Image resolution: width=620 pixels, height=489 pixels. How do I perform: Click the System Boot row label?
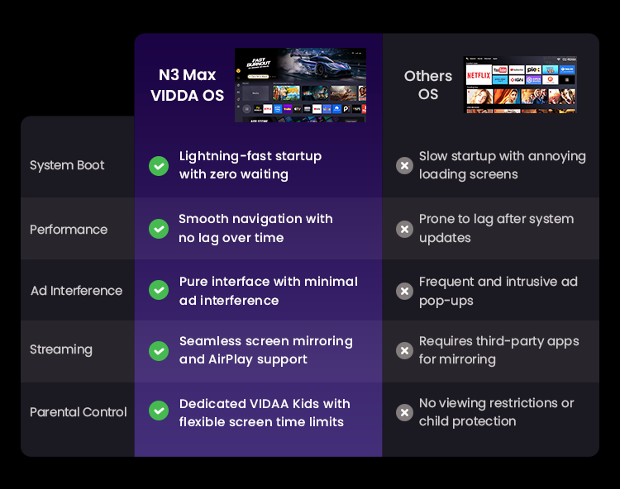(67, 165)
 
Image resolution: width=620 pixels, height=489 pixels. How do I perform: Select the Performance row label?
(69, 230)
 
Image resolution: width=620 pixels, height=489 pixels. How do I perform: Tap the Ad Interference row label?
(76, 291)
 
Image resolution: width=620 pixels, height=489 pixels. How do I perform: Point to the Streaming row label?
(61, 349)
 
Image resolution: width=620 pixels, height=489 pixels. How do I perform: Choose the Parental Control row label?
(79, 412)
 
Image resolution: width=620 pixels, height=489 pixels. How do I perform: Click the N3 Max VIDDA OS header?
(187, 85)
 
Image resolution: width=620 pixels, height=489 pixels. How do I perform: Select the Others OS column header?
(428, 85)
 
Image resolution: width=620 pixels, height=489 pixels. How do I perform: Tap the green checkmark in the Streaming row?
(159, 351)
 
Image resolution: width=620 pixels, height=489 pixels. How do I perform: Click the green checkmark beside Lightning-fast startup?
(159, 166)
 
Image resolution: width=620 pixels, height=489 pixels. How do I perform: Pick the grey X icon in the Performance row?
(404, 229)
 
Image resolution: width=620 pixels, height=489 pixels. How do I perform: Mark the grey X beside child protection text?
(404, 413)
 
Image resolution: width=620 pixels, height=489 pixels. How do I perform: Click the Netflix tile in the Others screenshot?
(479, 75)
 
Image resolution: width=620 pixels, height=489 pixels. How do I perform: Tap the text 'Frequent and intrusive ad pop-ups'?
(498, 291)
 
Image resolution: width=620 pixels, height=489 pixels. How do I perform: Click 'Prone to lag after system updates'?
(496, 228)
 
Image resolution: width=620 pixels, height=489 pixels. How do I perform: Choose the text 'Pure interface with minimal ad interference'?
(269, 291)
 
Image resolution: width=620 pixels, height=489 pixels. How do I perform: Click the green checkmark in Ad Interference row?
(159, 290)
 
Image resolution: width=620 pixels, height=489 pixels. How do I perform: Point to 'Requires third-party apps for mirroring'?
(499, 350)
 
